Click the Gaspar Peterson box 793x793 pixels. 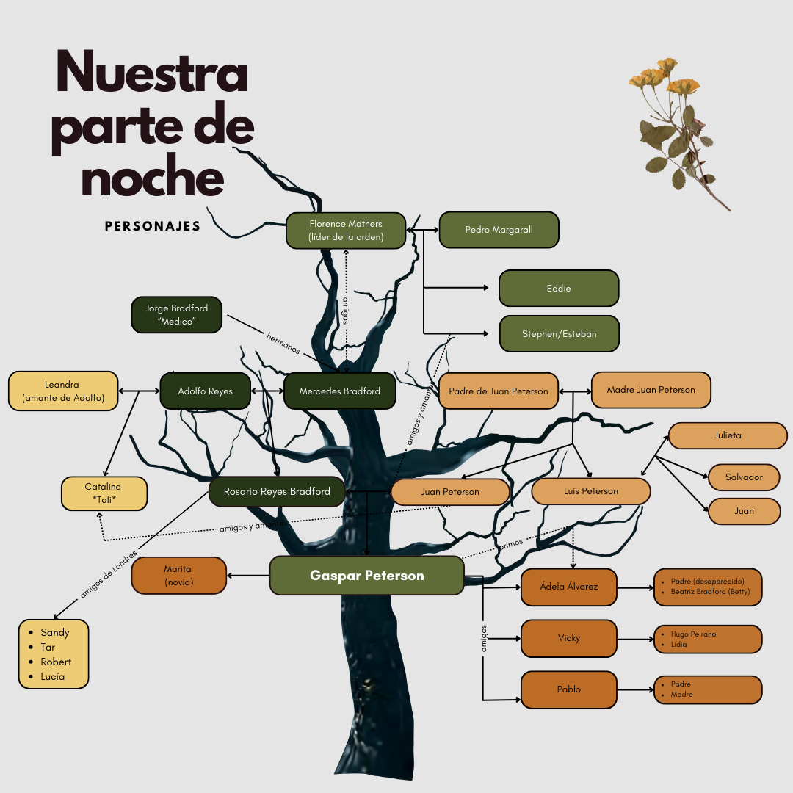(x=366, y=576)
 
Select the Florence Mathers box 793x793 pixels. (x=346, y=231)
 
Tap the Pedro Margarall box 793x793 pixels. (x=499, y=230)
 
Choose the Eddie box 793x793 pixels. (x=559, y=289)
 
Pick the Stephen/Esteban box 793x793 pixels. (x=560, y=334)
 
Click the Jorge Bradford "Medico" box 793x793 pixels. (x=176, y=314)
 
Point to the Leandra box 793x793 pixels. (x=63, y=391)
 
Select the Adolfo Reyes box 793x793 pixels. (x=206, y=391)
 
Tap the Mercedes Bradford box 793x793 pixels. (x=340, y=391)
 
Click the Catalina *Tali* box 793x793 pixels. (x=104, y=493)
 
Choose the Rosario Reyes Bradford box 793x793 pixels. (x=277, y=491)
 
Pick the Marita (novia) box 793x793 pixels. (x=178, y=576)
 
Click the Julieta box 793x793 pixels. (x=728, y=435)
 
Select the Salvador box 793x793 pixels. (x=744, y=477)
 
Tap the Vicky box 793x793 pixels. (x=569, y=638)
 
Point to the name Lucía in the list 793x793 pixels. (x=53, y=677)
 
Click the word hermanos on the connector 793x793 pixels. (x=283, y=344)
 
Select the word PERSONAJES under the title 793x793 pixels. (x=152, y=226)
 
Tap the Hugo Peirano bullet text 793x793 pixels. (x=693, y=634)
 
